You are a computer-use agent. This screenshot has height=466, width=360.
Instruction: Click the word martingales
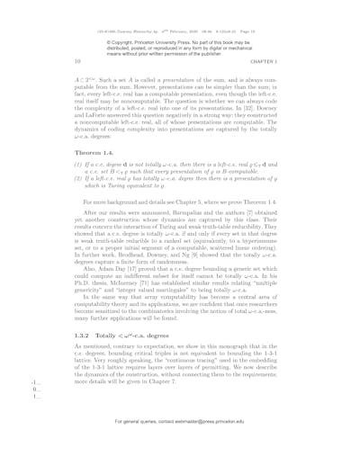192,311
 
